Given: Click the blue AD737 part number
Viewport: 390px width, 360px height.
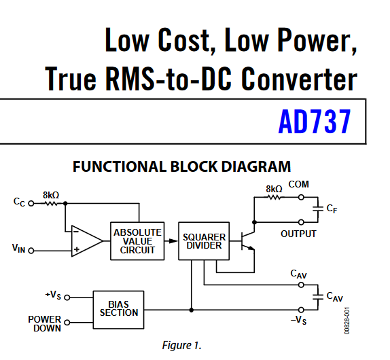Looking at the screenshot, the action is (x=315, y=122).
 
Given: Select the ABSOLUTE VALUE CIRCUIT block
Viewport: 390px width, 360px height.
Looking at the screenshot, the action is (x=137, y=241).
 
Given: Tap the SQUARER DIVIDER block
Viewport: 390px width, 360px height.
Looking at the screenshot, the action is (x=204, y=241).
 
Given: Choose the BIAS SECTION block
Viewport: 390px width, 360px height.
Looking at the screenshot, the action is (x=118, y=310).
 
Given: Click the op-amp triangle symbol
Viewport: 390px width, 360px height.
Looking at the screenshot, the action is (x=86, y=241).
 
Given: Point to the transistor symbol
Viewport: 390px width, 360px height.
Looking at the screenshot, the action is (x=248, y=240).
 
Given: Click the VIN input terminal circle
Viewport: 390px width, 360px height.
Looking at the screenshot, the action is (x=31, y=251).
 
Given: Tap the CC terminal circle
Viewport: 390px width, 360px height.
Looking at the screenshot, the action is (x=31, y=203).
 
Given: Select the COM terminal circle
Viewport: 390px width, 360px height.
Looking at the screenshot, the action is (x=301, y=198).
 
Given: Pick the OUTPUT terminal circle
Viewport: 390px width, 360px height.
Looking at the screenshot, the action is (x=301, y=222).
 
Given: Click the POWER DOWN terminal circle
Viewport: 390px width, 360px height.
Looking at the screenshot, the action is (x=67, y=323).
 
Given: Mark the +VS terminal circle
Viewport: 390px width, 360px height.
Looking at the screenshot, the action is (x=67, y=298).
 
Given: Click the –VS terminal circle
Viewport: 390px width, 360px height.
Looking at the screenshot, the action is (x=301, y=310).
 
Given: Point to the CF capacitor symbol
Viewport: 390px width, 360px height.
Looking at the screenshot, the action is (x=317, y=209).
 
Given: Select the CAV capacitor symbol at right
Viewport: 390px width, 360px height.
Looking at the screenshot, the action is (x=317, y=296).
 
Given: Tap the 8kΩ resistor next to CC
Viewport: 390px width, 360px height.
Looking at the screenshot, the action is (x=51, y=204).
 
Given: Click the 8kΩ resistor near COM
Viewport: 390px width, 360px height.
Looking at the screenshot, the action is (x=274, y=198).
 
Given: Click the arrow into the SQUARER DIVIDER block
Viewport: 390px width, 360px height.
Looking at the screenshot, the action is (x=171, y=241).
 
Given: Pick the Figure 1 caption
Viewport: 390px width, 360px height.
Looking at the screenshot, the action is (x=181, y=345).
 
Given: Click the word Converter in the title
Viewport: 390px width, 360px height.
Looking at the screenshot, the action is (x=299, y=79).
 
